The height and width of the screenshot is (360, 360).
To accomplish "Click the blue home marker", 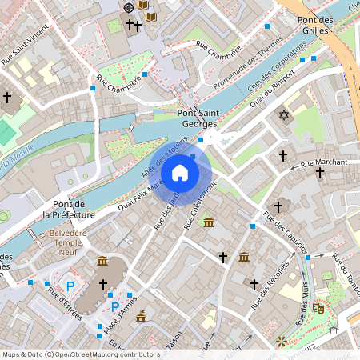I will (180, 172).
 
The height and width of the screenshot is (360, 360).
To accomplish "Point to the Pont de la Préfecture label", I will (69, 210).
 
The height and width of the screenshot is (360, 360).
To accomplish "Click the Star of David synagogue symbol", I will (282, 117).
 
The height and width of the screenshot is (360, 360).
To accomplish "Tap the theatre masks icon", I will (318, 306).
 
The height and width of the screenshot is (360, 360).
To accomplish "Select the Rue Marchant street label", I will (324, 163).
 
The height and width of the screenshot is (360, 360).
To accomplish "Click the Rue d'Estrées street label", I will (64, 305).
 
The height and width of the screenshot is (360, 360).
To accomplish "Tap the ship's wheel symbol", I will (129, 6).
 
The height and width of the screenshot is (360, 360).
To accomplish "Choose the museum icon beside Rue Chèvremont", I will (208, 222).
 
